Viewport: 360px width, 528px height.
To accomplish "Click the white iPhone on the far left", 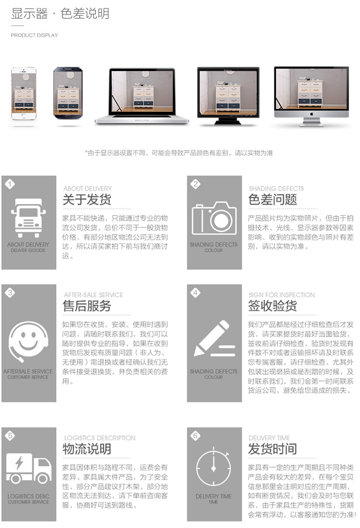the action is pos(24,93).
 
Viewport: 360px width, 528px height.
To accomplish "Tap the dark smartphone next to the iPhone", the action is pos(68,93).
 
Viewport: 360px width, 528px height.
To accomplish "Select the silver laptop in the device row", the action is pos(142,96).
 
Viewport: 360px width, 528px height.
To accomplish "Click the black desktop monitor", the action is pos(228,96).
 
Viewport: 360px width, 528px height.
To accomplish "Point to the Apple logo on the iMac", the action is pos(312,114).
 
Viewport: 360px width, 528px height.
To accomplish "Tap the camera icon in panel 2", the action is pos(214,218).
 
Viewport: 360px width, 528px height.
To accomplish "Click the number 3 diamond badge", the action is pos(10,293).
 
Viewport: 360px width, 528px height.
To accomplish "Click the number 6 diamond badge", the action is pos(195,436).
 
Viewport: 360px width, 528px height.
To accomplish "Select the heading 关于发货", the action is pos(87,199).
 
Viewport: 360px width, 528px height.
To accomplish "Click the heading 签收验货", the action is pos(273,306).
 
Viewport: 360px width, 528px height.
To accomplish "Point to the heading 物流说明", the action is pos(87,449).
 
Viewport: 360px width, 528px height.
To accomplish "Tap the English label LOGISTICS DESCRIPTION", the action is pos(100,438).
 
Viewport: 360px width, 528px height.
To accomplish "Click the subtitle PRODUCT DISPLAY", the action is pos(35,35).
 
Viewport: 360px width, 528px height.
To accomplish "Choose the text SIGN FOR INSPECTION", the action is pos(282,295).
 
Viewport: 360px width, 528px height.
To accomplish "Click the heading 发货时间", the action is pos(273,449).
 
